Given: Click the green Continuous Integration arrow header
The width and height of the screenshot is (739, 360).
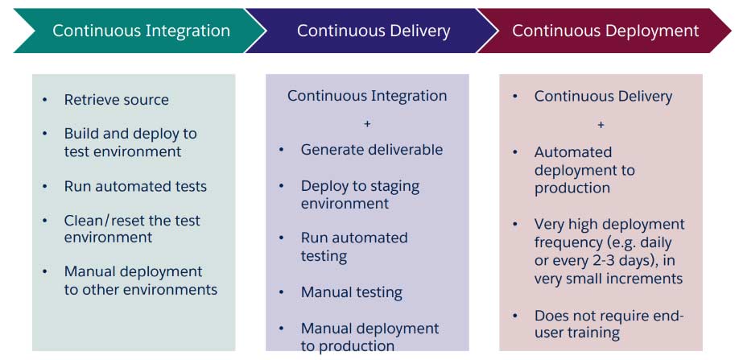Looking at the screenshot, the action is (x=140, y=31).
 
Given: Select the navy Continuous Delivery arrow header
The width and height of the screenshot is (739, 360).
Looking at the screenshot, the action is (x=374, y=31).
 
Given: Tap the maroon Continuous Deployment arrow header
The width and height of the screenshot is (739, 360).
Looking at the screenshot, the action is (x=605, y=31).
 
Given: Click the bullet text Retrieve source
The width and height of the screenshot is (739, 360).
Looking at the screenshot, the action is (x=117, y=100).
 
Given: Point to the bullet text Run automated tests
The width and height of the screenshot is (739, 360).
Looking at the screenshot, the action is (x=136, y=186).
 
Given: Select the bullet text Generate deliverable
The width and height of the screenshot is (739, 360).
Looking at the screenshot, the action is (x=372, y=150).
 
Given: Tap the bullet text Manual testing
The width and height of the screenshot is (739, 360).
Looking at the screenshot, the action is (x=352, y=292).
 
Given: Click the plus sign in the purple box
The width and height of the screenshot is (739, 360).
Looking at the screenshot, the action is (x=367, y=123).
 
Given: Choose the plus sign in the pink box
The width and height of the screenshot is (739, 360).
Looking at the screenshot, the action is (x=601, y=125).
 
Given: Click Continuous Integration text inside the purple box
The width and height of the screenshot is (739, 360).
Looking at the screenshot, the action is (x=367, y=96).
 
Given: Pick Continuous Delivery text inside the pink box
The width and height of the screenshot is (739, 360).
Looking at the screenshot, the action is (x=603, y=97).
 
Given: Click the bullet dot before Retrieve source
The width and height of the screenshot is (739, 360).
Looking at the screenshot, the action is (x=45, y=100).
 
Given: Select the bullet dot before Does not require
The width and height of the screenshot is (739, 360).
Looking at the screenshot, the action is (x=515, y=316).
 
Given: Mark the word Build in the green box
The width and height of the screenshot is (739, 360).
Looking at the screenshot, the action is (x=79, y=134).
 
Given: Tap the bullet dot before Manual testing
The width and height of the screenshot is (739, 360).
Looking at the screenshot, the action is (x=282, y=292).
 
